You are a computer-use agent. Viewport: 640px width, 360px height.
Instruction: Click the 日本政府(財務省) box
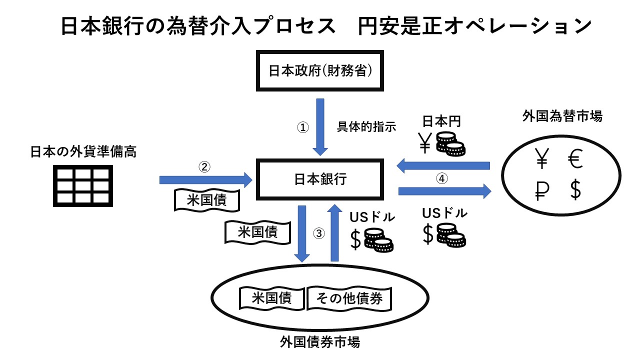(x=320, y=71)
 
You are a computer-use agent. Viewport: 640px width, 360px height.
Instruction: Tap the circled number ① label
(x=303, y=127)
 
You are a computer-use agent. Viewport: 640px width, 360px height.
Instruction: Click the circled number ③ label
(x=319, y=233)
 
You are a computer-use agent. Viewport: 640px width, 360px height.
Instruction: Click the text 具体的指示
(x=367, y=127)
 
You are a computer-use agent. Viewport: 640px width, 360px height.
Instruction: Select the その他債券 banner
(x=349, y=298)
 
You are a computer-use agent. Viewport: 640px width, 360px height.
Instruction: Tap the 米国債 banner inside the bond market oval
(x=272, y=298)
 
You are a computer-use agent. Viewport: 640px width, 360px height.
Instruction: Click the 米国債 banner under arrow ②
(x=206, y=200)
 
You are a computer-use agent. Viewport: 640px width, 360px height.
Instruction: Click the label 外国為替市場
(x=561, y=117)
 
